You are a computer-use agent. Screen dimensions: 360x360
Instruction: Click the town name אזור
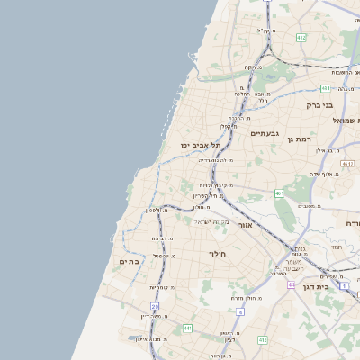coord(245,225)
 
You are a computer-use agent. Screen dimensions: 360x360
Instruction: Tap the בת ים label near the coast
coord(129,261)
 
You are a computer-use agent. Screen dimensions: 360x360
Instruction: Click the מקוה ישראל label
coord(212,221)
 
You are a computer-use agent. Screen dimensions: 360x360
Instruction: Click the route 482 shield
coord(301,37)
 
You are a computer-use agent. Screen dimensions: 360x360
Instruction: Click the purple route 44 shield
coord(292,284)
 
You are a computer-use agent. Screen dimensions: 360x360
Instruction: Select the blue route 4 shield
coord(240,311)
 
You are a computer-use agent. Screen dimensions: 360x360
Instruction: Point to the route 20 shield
coord(155,306)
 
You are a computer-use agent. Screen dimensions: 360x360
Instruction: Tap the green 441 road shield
coord(187,328)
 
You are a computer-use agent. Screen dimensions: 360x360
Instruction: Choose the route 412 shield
coord(262,339)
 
